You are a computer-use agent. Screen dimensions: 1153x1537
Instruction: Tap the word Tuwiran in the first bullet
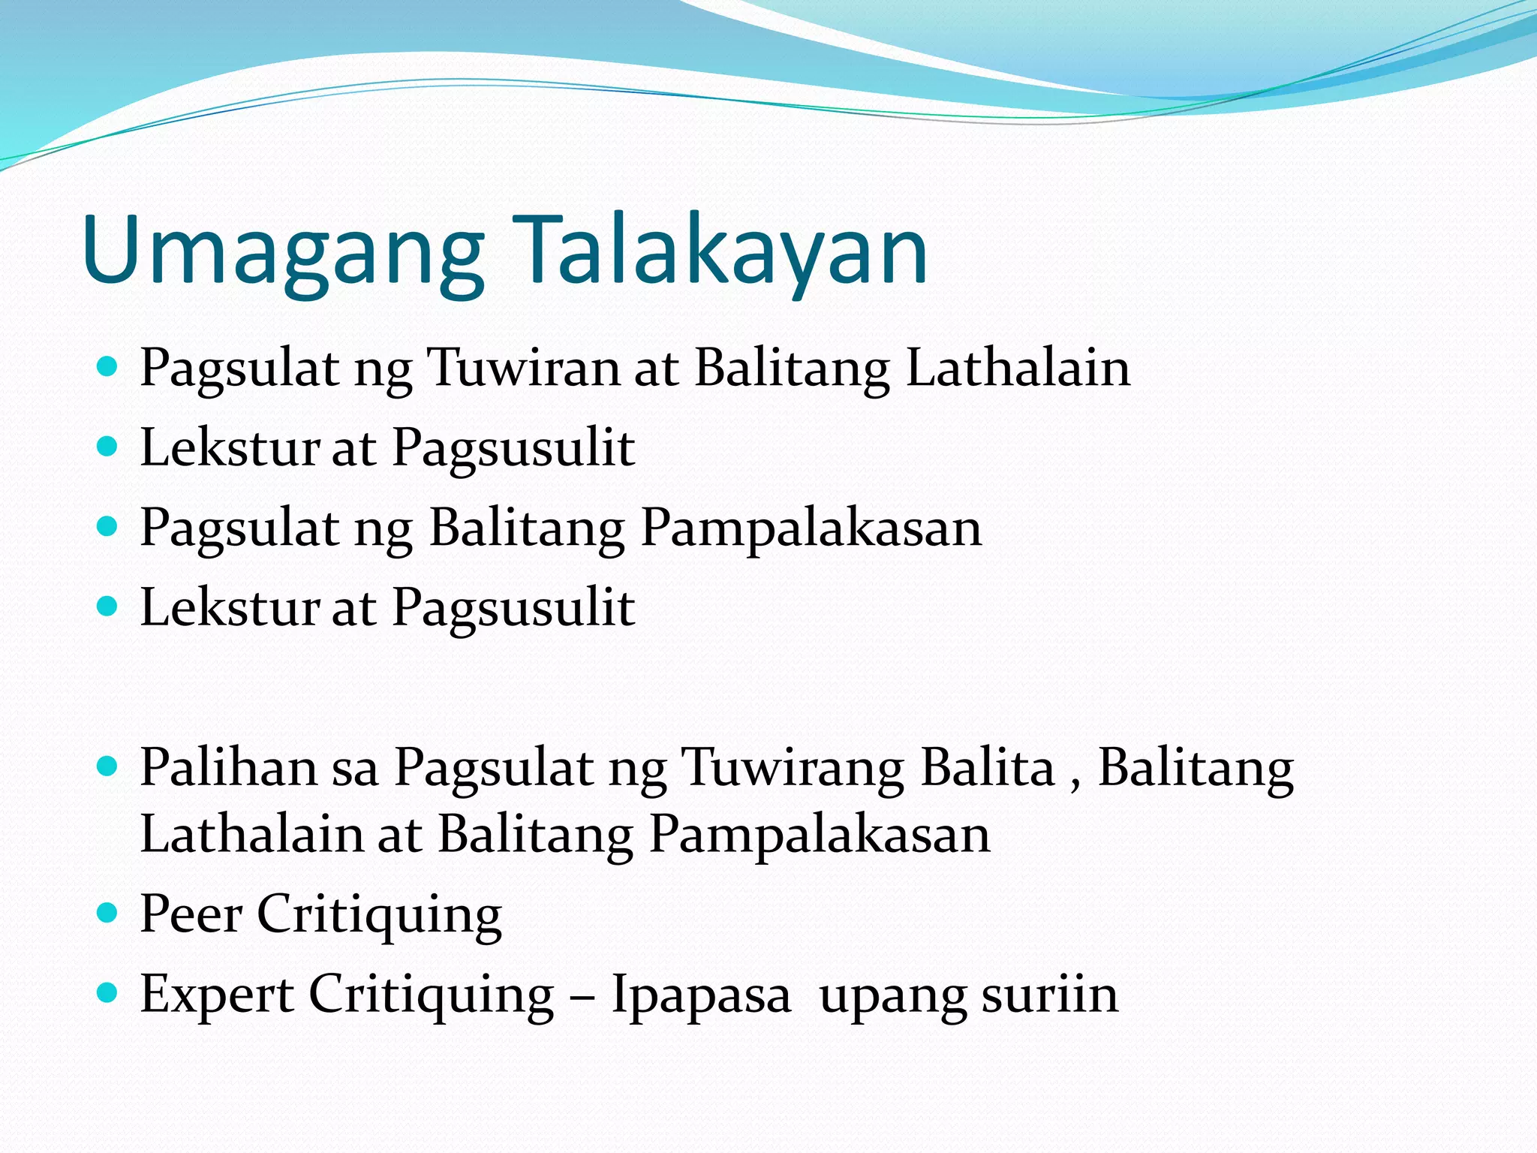pyautogui.click(x=522, y=369)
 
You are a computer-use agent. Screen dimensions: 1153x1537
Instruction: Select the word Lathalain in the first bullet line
pyautogui.click(x=1018, y=369)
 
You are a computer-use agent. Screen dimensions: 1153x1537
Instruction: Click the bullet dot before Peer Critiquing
pyautogui.click(x=108, y=913)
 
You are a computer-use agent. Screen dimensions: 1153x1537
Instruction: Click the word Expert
pyautogui.click(x=217, y=995)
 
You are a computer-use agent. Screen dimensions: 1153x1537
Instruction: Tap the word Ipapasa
pyautogui.click(x=701, y=995)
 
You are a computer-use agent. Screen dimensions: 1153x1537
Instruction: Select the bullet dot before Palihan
pyautogui.click(x=108, y=766)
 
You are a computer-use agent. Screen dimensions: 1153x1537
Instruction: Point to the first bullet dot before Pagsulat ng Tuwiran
pyautogui.click(x=108, y=366)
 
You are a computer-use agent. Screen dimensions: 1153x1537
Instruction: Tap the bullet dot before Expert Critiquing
pyautogui.click(x=108, y=993)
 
